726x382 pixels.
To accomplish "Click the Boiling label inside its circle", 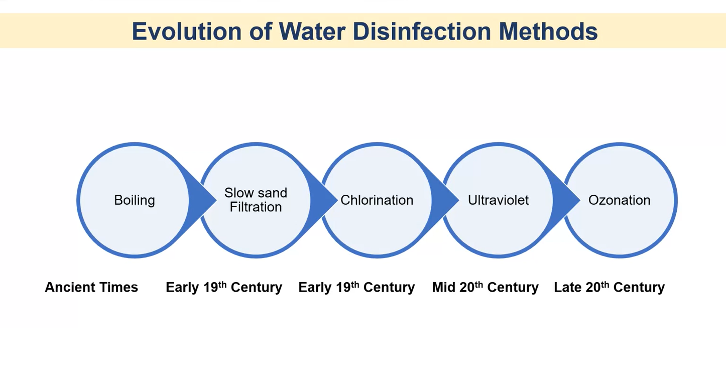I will [135, 200].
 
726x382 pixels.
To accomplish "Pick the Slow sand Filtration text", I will [256, 200].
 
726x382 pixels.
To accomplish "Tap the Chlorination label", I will [377, 200].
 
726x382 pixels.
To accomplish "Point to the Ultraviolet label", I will [498, 200].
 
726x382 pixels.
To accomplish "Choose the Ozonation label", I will [619, 200].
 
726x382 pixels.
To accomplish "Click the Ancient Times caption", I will [91, 288].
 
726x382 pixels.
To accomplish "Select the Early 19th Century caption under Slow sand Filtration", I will [224, 288].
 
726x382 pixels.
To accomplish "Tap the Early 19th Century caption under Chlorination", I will [356, 288].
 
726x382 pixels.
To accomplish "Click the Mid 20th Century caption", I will [485, 288].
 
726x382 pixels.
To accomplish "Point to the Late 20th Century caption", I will [609, 288].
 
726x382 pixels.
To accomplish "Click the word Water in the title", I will [308, 32].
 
